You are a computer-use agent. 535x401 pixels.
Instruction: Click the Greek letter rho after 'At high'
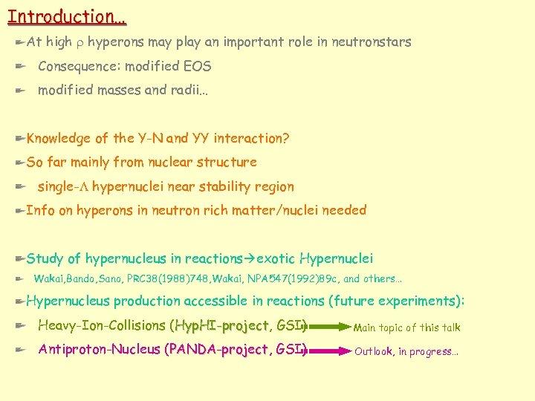coord(80,43)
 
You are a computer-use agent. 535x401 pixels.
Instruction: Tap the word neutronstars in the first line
coord(372,42)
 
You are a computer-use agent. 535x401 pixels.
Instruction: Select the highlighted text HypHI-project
coord(221,326)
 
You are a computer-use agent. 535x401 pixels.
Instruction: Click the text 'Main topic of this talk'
coord(406,327)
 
